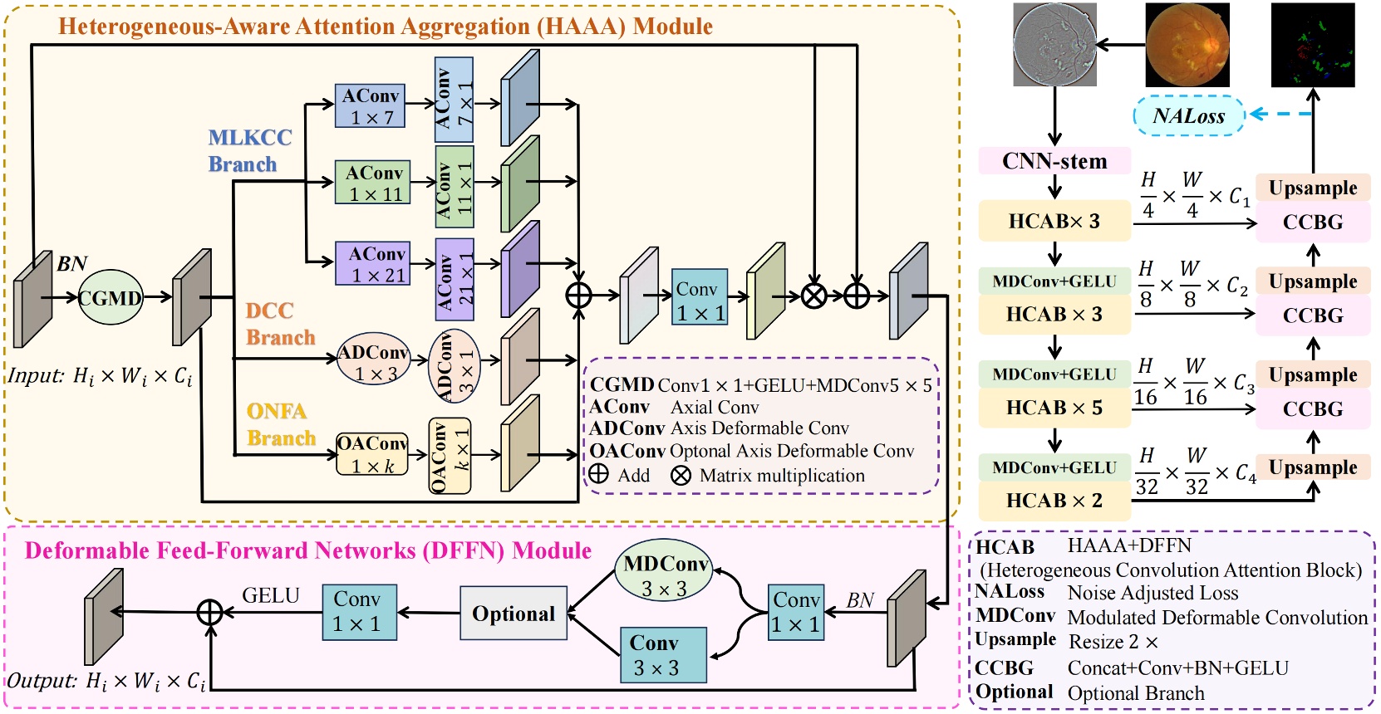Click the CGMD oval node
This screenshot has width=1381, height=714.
[111, 297]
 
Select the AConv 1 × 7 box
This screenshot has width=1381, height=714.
[370, 106]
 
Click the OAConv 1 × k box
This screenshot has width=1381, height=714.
[372, 454]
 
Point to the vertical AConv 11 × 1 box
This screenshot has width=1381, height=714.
[454, 187]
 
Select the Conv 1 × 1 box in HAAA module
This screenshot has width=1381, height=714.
[700, 297]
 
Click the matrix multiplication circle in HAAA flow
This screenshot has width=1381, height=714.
[813, 296]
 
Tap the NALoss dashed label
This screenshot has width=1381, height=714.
[1189, 116]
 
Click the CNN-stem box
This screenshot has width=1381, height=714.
[1054, 161]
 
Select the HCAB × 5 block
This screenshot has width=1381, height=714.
[1054, 408]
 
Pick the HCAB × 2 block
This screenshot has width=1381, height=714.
[1054, 501]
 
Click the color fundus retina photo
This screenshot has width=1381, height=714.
[1187, 45]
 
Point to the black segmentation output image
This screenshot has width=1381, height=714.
[1313, 45]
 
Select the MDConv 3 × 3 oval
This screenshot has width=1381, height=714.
[664, 575]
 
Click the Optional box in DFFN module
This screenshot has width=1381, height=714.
[514, 614]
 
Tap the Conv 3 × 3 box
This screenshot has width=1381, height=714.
[662, 655]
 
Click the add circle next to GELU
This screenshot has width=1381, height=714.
[209, 613]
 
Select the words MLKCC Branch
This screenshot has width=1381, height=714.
[248, 150]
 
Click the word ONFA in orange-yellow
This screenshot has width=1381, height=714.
[276, 412]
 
